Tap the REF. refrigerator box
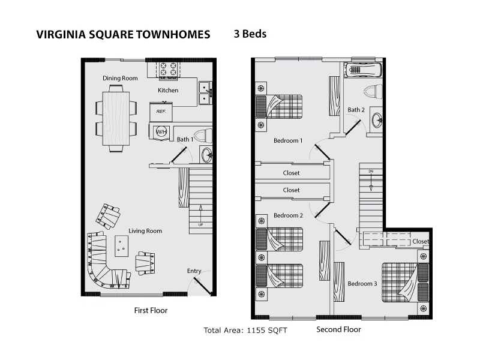tap(161, 112)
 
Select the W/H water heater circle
tap(161, 131)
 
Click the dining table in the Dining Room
tap(116, 118)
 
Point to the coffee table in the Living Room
tap(122, 246)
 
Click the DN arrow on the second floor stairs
tap(371, 183)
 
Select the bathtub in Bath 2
tap(363, 70)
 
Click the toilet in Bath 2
tap(373, 92)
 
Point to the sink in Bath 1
tap(206, 154)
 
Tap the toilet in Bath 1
tap(203, 136)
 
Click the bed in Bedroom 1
tap(279, 107)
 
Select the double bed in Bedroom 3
tap(404, 282)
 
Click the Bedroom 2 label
tap(288, 215)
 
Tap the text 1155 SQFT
tap(267, 331)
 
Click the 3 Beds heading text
tap(250, 34)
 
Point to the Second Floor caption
tap(338, 329)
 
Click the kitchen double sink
tap(205, 93)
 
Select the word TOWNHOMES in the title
tap(173, 34)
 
